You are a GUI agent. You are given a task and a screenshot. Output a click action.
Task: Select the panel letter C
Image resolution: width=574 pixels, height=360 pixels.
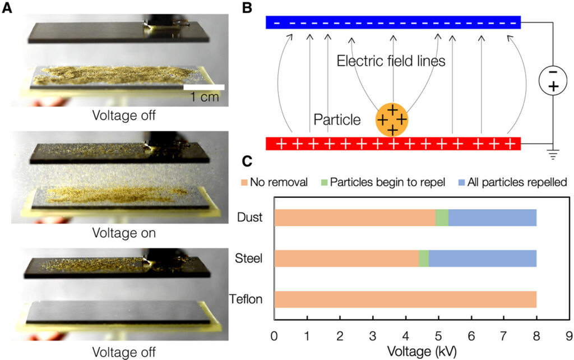coord(247,161)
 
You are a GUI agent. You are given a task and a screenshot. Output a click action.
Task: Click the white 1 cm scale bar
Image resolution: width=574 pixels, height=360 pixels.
coord(204,87)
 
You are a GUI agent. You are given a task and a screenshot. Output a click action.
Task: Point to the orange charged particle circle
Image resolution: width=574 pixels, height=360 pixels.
coord(392,119)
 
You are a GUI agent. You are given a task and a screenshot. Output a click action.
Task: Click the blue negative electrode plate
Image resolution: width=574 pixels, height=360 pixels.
coord(393,22)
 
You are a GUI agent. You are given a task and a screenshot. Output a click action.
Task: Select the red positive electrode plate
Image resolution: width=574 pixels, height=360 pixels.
coord(393,144)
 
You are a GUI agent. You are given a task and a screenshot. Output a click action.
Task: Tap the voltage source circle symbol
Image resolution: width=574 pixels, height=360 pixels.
coord(553,80)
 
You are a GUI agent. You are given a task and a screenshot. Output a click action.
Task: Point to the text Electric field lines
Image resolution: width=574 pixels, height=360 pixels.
coord(391,61)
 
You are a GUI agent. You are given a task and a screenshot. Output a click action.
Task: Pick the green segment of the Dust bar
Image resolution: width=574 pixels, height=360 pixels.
coord(442,218)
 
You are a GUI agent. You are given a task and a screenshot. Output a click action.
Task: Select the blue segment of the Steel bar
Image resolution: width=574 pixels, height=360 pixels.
coord(483,259)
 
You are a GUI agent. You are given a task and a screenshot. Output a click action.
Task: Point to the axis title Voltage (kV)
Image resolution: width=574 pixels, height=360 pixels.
coord(421,352)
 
